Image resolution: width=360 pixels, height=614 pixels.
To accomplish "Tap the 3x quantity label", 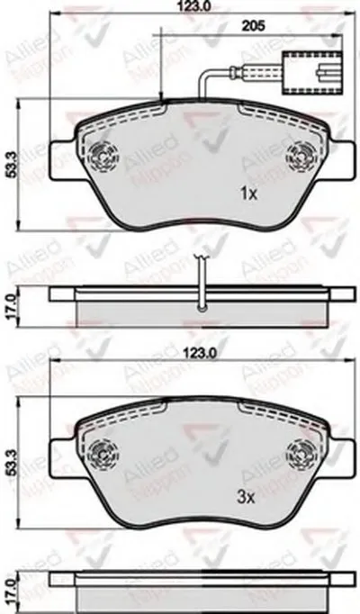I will [246, 494].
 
